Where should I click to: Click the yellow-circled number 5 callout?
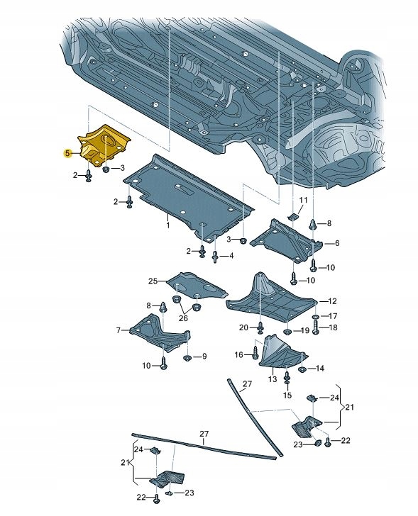(67, 153)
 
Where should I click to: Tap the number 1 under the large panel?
(167, 225)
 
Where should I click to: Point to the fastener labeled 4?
(215, 255)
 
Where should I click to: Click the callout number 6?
(336, 243)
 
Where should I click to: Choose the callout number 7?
(119, 330)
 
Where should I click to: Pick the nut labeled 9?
(188, 358)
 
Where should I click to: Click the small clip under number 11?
(292, 216)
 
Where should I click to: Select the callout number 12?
(332, 301)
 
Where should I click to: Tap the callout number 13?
(273, 379)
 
